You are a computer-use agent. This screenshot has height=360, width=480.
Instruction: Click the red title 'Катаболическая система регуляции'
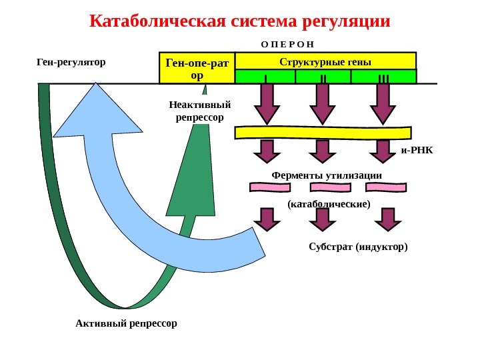(x=239, y=22)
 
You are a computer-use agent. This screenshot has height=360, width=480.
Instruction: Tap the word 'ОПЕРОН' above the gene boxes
(x=287, y=43)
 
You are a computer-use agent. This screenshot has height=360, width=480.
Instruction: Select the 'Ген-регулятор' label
(x=71, y=62)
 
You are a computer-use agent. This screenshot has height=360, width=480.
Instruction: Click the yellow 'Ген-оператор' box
(x=197, y=68)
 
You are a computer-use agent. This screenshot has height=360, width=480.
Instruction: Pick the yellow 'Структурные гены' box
(x=326, y=61)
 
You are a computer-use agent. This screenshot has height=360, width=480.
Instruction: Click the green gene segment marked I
(x=265, y=77)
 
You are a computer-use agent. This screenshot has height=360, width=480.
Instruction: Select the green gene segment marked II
(x=323, y=77)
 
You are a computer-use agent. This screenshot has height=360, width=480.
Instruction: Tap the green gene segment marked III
(x=383, y=77)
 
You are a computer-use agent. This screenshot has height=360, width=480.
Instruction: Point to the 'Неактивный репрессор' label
(x=199, y=111)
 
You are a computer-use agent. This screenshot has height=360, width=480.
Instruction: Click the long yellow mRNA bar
(x=325, y=132)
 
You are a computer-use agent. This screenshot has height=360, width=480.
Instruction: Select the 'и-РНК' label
(x=417, y=150)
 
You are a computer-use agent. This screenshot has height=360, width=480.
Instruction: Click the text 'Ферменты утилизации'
(x=327, y=175)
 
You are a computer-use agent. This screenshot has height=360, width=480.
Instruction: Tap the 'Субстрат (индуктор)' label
(x=358, y=247)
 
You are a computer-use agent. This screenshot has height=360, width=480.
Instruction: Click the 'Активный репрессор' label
(x=127, y=323)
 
